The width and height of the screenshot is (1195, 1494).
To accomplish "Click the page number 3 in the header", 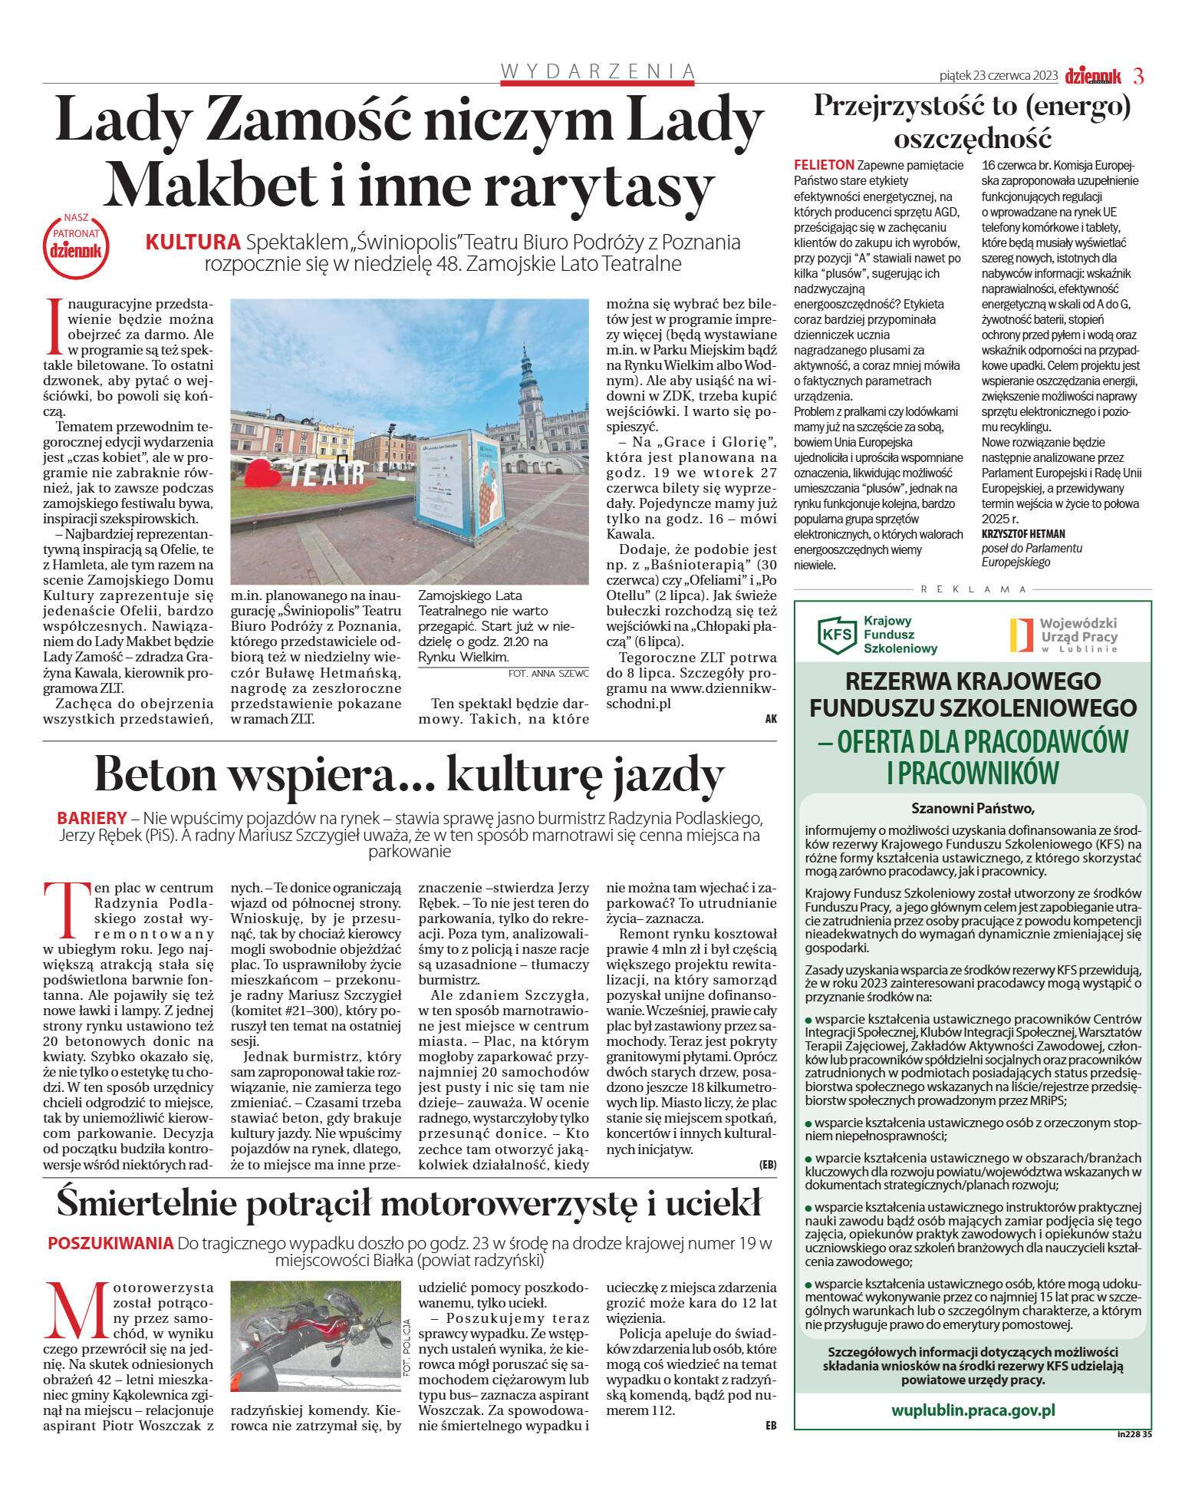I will tap(1138, 76).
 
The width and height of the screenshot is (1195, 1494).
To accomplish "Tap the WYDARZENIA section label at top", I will tap(597, 71).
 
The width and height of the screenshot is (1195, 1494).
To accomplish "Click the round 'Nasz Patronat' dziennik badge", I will tap(76, 246).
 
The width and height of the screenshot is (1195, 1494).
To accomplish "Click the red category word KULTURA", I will tap(193, 242).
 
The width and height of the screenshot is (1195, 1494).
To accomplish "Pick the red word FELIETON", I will tap(824, 165).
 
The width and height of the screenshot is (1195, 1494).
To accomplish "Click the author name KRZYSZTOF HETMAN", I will tap(1023, 534).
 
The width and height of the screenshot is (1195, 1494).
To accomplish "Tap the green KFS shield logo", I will tap(837, 635).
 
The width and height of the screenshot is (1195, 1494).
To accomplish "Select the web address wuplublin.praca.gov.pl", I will tap(973, 1410).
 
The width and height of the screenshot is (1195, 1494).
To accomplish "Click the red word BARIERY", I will tap(92, 818).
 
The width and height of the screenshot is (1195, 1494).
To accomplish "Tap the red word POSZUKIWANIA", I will tap(110, 1243).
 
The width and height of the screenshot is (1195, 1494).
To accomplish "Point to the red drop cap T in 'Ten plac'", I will tap(66, 909).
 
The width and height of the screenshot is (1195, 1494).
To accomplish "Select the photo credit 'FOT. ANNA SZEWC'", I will tap(548, 674).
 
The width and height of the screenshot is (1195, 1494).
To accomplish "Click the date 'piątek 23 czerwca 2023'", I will tap(998, 76).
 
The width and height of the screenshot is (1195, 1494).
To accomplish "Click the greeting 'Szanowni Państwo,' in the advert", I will tap(973, 808).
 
